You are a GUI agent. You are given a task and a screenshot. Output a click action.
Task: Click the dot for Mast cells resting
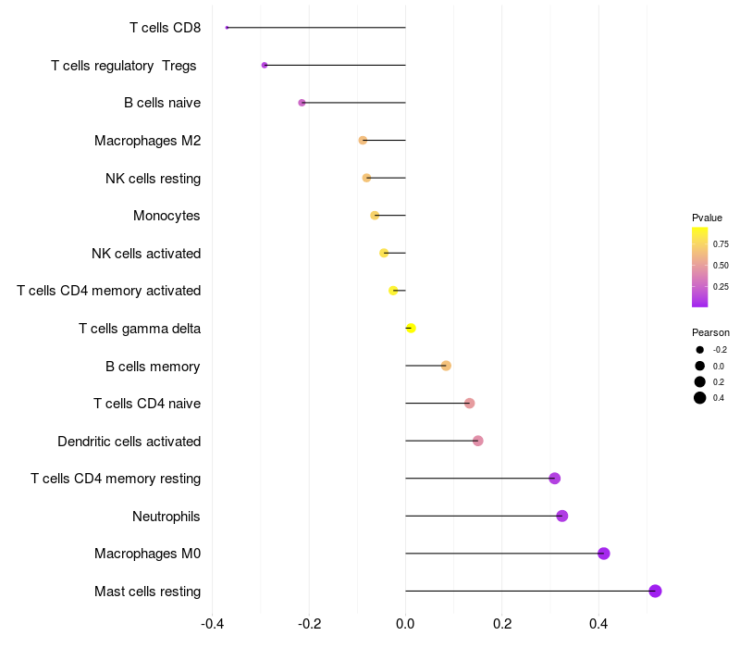[x=655, y=591]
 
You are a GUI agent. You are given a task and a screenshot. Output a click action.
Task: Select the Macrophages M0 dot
[x=604, y=554]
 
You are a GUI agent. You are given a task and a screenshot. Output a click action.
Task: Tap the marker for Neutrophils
[x=562, y=516]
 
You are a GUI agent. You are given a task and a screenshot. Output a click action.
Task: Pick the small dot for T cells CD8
[x=227, y=28]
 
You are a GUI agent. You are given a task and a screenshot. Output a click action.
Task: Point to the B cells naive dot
[x=302, y=103]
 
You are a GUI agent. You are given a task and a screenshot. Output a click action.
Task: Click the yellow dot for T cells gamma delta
[x=411, y=329]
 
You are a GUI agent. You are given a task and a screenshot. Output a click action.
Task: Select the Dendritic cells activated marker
[x=478, y=441]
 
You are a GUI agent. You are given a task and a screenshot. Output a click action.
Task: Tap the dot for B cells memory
[x=446, y=366]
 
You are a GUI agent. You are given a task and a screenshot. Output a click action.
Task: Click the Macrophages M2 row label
[x=147, y=141]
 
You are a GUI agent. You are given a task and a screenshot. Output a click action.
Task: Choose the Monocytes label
[x=166, y=216]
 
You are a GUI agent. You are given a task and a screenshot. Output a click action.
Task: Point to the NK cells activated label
[x=146, y=254]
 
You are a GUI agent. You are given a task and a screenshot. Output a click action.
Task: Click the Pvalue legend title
[x=708, y=217]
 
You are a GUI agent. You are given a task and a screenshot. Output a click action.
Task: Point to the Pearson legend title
[x=710, y=332]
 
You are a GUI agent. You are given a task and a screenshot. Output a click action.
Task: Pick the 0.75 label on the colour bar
[x=721, y=244]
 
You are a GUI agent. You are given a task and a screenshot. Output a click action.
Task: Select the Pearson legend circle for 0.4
[x=700, y=398]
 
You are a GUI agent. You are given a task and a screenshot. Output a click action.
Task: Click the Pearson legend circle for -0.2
[x=700, y=350]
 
